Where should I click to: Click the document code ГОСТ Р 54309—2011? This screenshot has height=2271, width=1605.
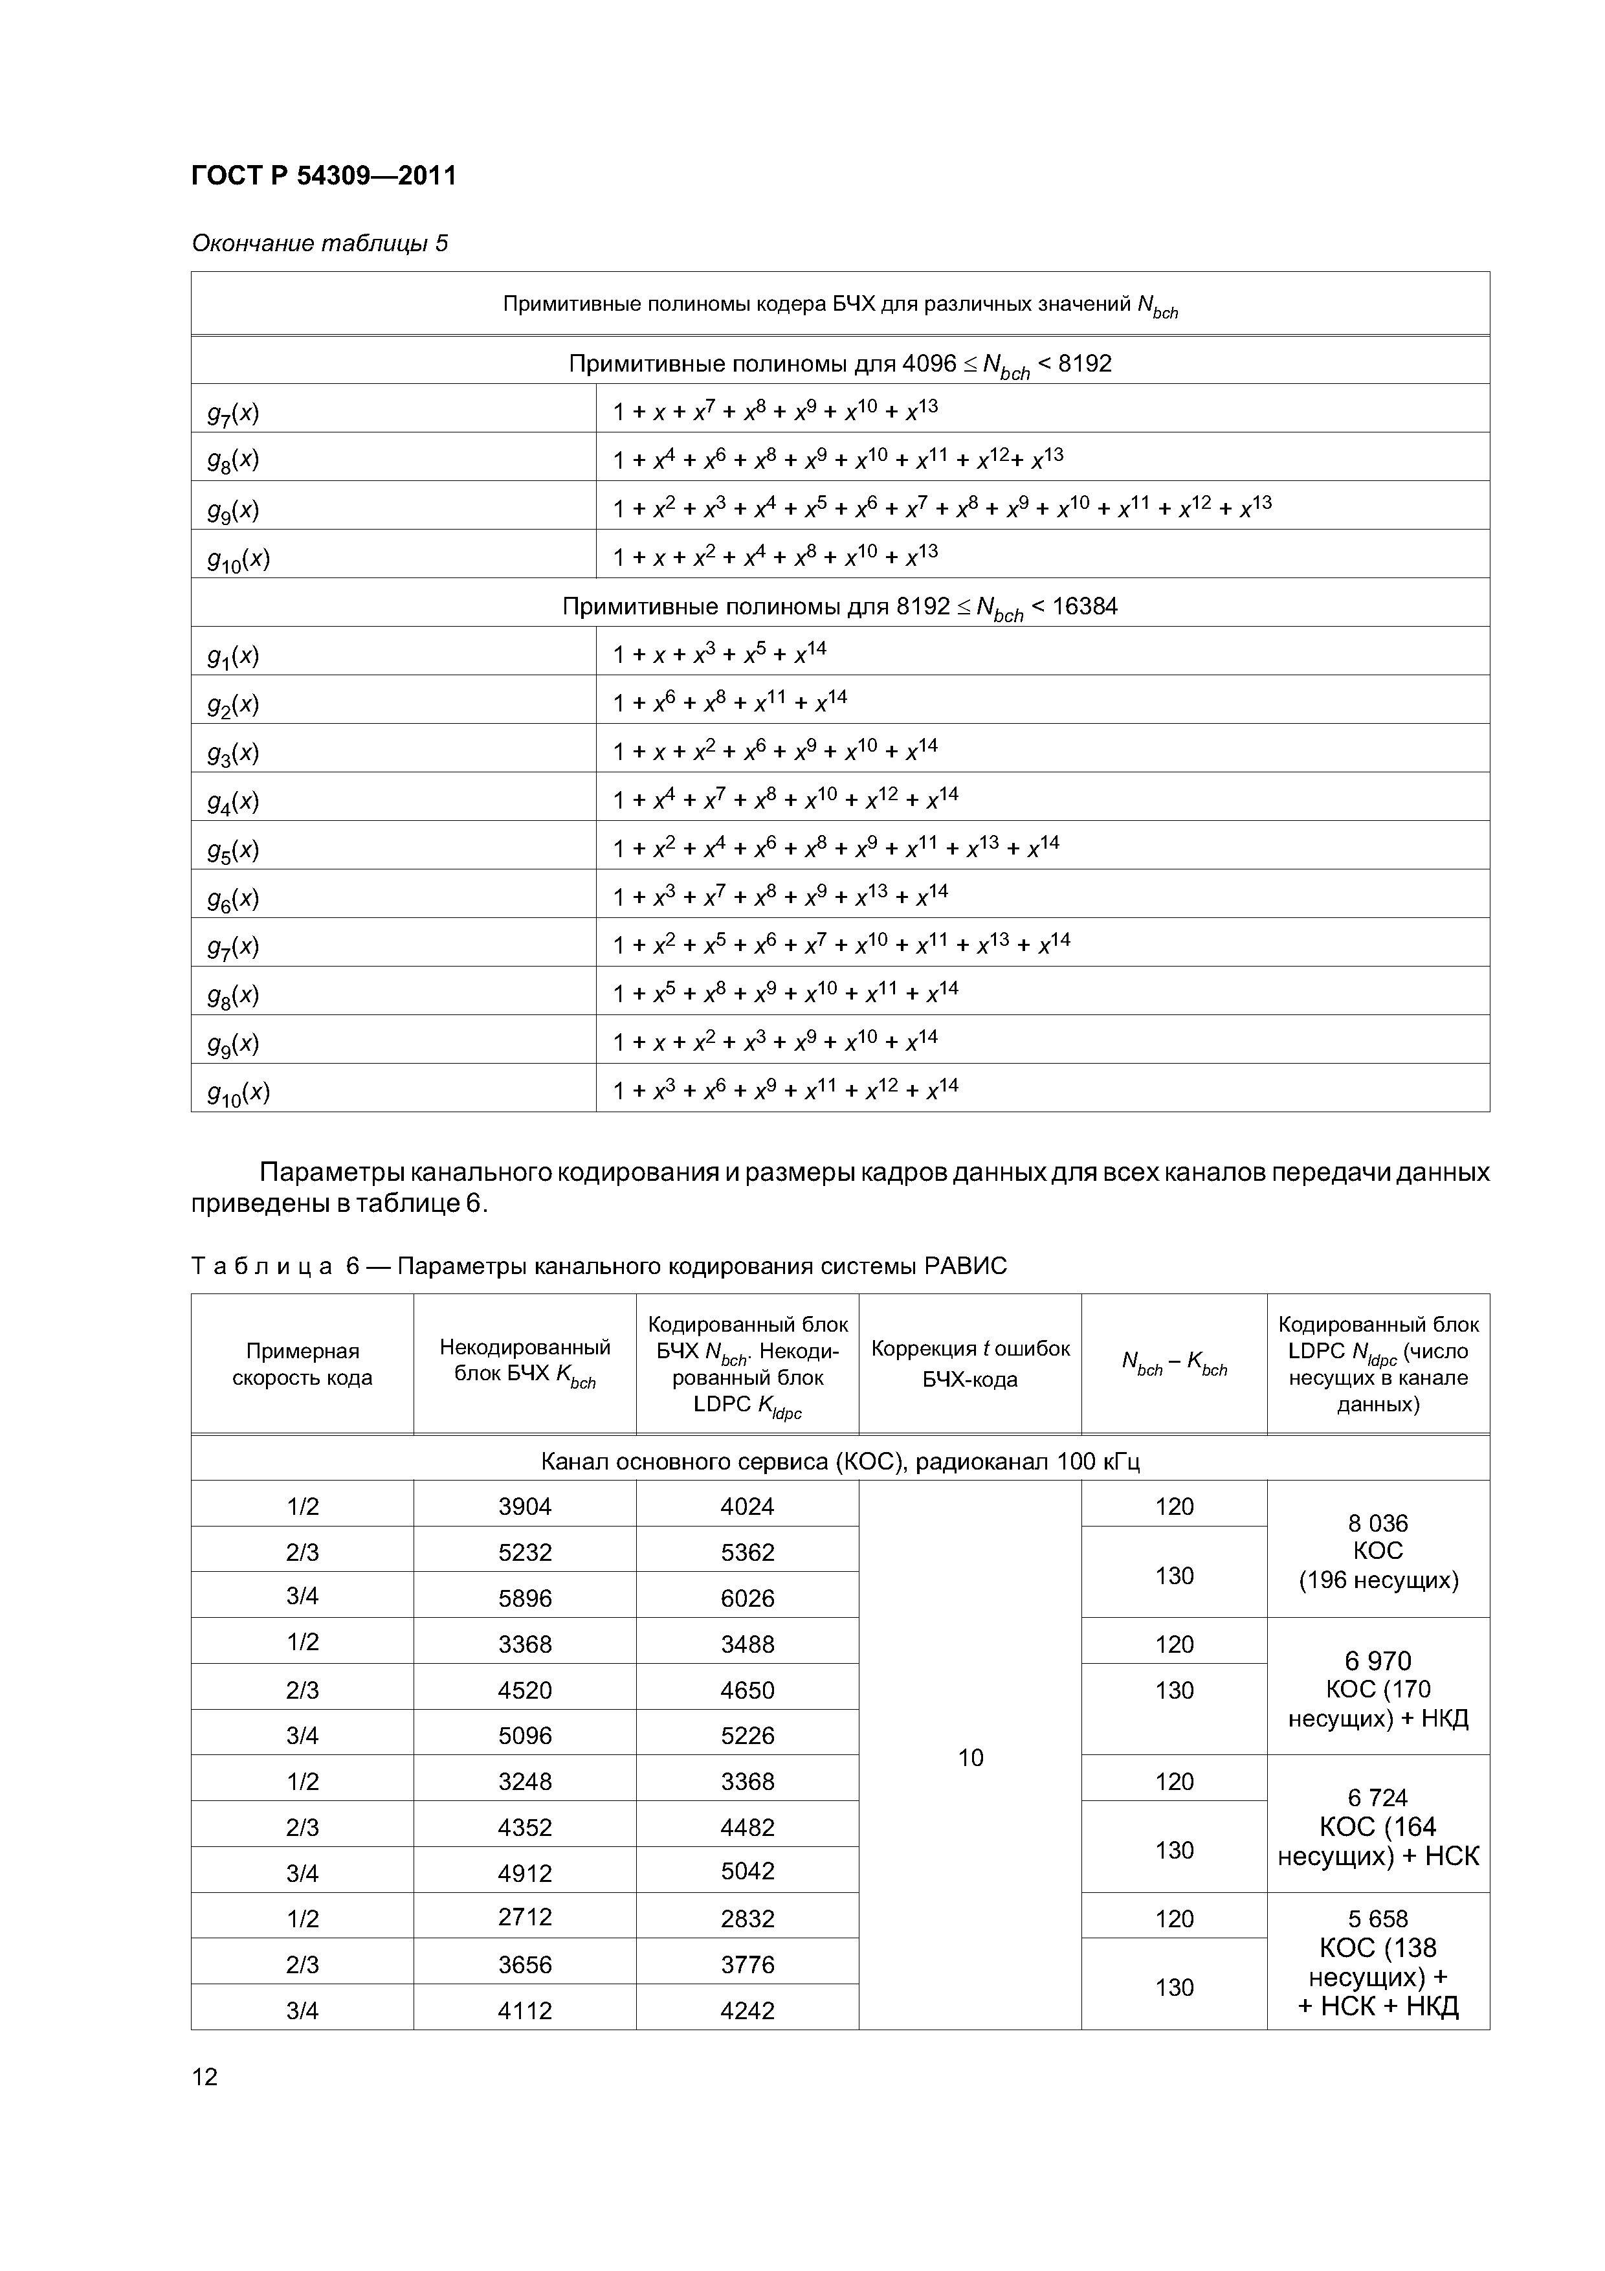(x=324, y=176)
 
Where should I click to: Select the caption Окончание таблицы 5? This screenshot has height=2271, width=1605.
(x=320, y=243)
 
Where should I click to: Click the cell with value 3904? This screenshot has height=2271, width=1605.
(x=524, y=1506)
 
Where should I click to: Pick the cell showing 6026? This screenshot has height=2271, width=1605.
(x=747, y=1598)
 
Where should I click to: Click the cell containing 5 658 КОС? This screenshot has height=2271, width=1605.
(x=1378, y=1962)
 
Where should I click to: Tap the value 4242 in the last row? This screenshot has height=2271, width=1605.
(x=747, y=2011)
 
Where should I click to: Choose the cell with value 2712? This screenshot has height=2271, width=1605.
(x=524, y=1917)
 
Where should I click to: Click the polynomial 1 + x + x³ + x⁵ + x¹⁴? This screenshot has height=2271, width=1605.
(x=719, y=654)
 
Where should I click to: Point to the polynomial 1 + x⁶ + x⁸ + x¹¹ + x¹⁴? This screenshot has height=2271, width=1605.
(x=730, y=702)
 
